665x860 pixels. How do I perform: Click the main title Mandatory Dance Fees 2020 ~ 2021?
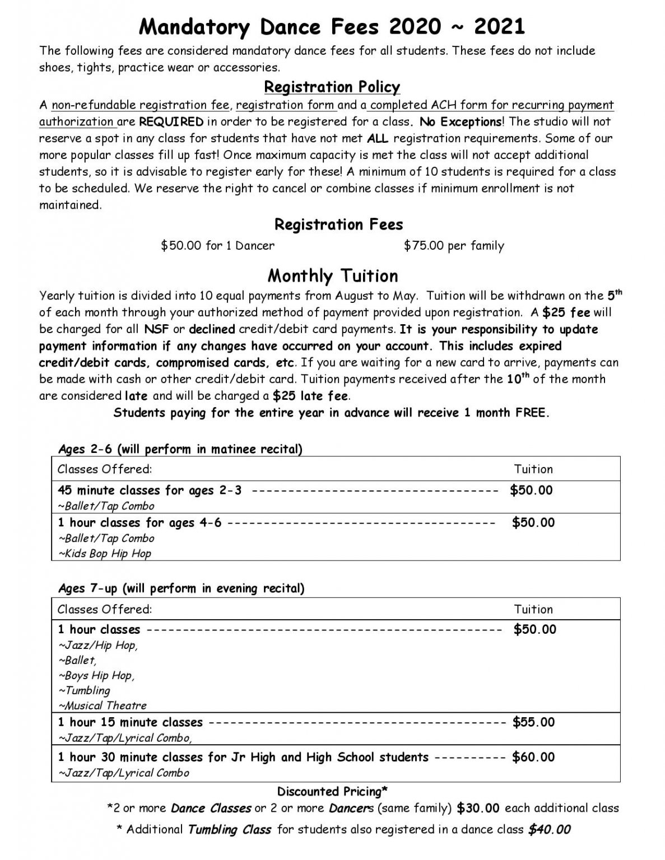click(332, 26)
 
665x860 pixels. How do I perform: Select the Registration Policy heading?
click(332, 87)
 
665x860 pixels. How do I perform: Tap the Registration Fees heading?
click(338, 225)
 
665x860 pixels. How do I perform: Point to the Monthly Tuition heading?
click(333, 275)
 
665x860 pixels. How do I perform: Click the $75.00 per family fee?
click(454, 246)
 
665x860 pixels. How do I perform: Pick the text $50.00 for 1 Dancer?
click(217, 246)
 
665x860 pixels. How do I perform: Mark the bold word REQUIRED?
click(171, 121)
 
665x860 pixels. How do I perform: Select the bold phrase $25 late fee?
click(310, 396)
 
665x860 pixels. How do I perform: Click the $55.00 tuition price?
click(533, 722)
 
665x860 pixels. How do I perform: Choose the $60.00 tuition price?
click(533, 757)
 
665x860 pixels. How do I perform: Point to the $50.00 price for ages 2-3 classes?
click(531, 490)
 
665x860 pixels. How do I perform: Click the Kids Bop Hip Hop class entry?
click(105, 553)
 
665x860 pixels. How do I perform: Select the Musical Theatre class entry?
click(103, 705)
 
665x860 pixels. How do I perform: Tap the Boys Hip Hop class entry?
click(96, 675)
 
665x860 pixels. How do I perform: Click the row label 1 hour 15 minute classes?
click(130, 722)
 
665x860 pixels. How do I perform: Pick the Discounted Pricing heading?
click(332, 791)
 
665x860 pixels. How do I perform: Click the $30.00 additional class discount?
click(478, 808)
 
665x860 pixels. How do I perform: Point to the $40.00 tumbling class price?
click(549, 829)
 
